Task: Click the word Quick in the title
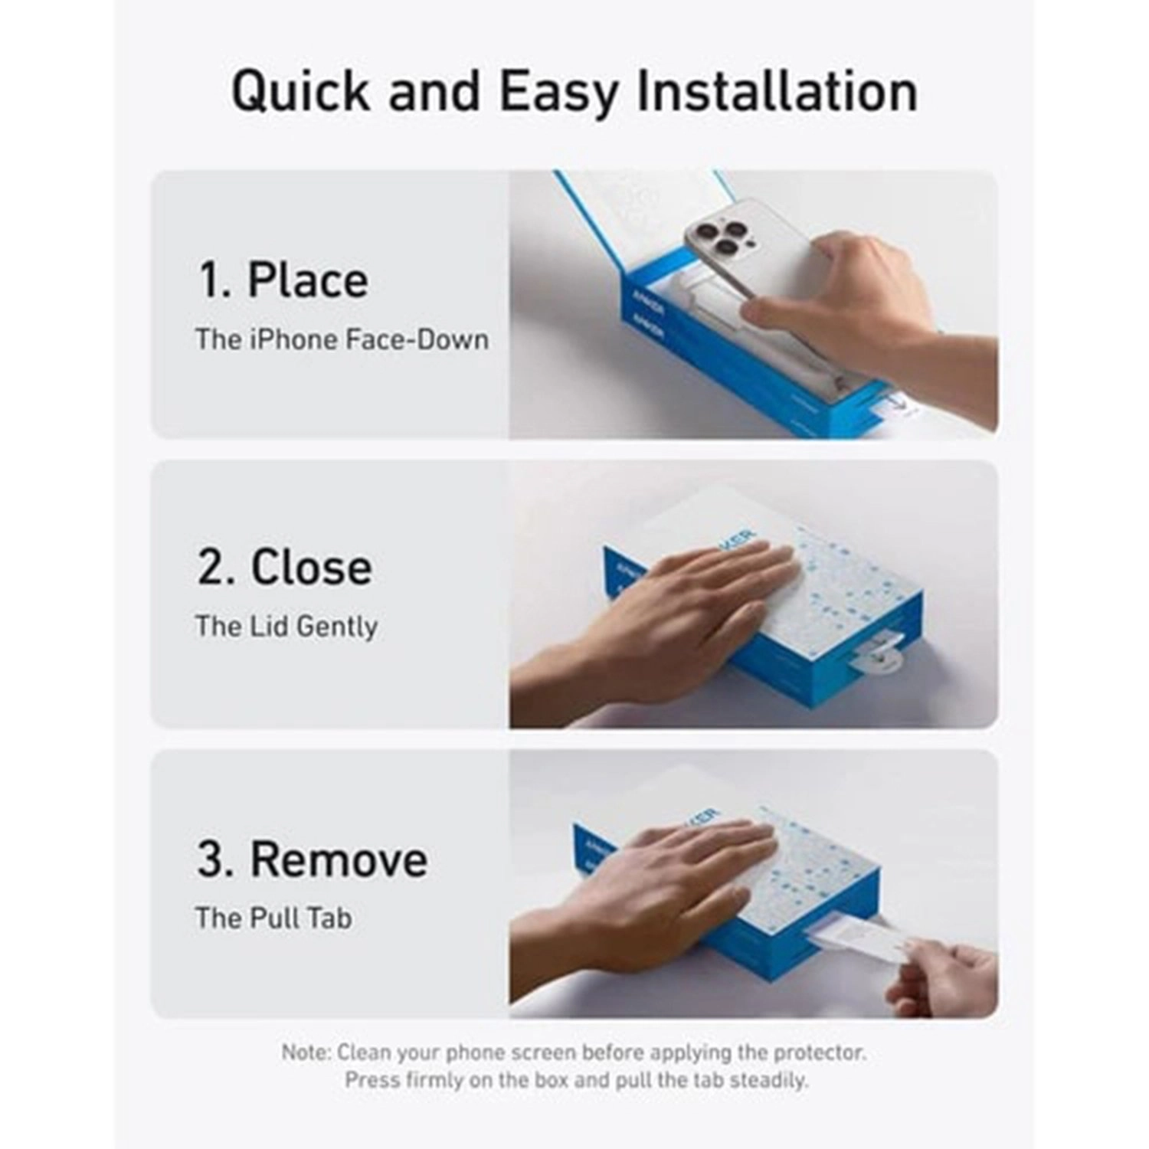(x=301, y=92)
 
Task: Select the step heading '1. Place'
(x=283, y=280)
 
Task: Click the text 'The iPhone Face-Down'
(x=342, y=339)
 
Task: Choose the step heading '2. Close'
(x=284, y=568)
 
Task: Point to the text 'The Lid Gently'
(x=286, y=627)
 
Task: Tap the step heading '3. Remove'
(x=312, y=859)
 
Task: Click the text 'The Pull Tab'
(x=273, y=918)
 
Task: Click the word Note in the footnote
(x=304, y=1052)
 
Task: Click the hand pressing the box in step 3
(x=674, y=881)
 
